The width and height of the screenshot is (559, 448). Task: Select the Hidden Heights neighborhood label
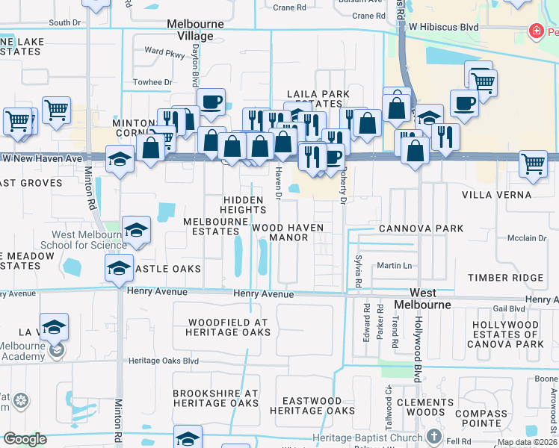(x=243, y=205)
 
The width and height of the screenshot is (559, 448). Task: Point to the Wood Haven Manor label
(x=288, y=232)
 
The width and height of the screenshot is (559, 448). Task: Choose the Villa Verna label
(x=496, y=195)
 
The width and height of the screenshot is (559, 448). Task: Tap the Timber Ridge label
(x=505, y=278)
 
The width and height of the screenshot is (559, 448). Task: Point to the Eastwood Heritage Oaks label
(x=312, y=406)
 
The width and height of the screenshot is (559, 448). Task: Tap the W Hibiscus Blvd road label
(x=444, y=27)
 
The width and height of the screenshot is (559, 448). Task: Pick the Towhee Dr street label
(x=152, y=82)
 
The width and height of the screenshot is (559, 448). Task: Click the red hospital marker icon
(x=535, y=31)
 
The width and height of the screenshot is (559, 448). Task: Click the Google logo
(x=25, y=440)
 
